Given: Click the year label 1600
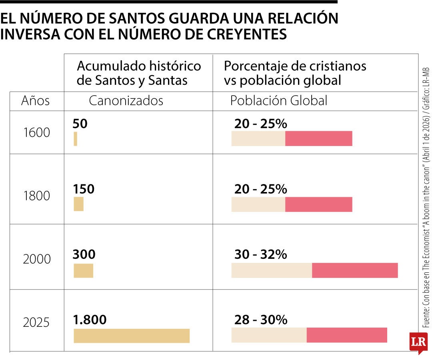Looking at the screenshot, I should coord(36,132).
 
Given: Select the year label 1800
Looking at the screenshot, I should coord(36,196).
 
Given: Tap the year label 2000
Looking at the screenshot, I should coord(36,259).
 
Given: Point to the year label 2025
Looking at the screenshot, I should coord(36,322).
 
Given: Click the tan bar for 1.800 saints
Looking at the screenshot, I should coord(131,336).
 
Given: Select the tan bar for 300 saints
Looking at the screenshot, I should coord(83,271).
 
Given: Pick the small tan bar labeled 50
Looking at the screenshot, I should coord(75,139).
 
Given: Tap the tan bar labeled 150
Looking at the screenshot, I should coord(78,204).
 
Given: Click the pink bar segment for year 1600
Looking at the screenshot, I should coord(318,138).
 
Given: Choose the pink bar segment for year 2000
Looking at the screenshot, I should coord(355,270).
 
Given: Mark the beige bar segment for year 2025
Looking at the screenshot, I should coord(269,335).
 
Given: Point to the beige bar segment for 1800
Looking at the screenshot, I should coord(258,204).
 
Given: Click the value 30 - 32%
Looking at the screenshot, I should coord(260,254).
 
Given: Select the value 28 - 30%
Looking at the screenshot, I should coord(260,320).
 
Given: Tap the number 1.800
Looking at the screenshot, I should coord(90,320).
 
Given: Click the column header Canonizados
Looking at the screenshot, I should coord(126,101).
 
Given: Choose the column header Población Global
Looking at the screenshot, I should coord(278,101).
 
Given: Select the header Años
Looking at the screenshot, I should coord(35,101).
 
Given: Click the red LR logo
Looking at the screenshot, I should coord(418,342).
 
